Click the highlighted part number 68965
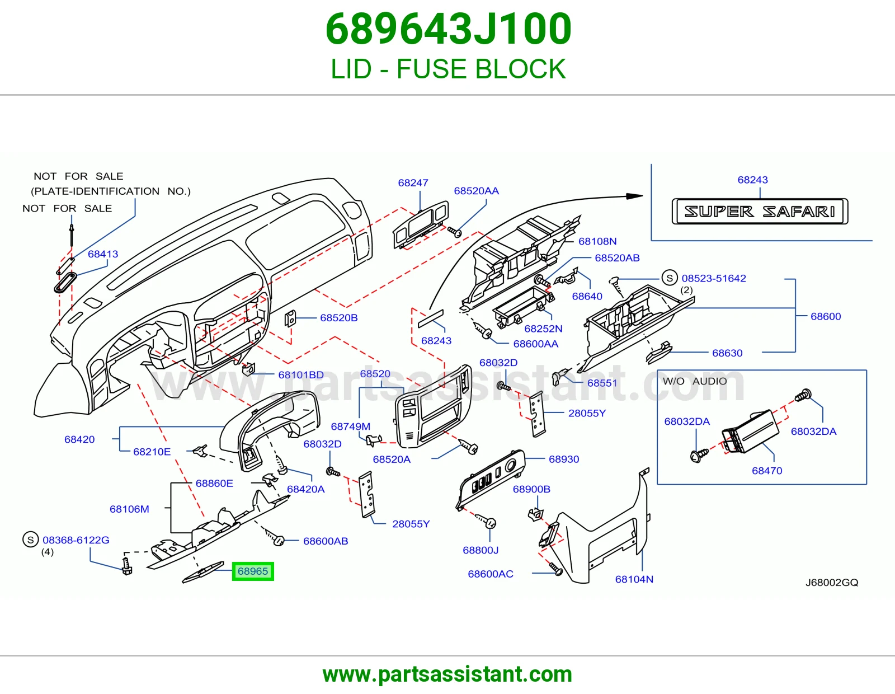pos(252,571)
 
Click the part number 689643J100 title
pos(448,29)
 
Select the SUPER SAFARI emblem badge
pos(760,212)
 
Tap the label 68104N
pos(634,579)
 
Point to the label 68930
pos(563,459)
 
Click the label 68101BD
pos(301,374)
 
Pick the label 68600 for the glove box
pos(826,316)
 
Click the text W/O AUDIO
pos(694,381)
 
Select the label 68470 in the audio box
pos(766,471)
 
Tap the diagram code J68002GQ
pos(832,582)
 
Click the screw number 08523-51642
pos(713,278)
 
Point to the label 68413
pos(102,254)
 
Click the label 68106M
pos(129,509)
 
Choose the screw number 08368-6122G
pos(76,540)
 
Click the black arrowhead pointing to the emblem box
pos(634,196)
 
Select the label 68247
pos(413,182)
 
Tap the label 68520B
pos(338,318)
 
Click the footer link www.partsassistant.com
pos(447,674)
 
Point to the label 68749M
pos(351,426)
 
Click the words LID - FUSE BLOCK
pos(448,69)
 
